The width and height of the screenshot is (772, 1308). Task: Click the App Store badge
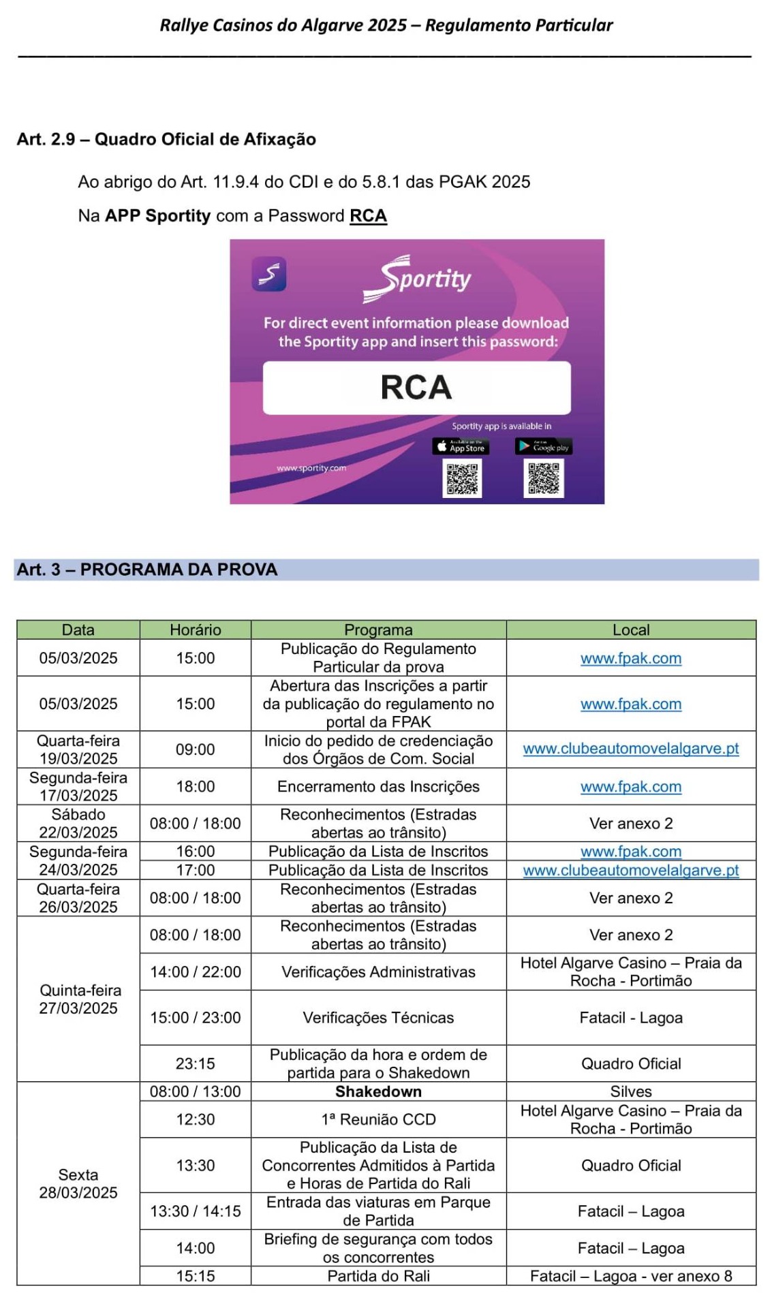[x=461, y=447]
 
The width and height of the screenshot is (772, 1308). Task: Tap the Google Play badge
[x=543, y=447]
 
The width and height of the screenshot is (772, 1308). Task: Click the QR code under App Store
[x=462, y=478]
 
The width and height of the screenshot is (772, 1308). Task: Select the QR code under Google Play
[x=543, y=478]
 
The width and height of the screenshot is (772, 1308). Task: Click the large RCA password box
[x=416, y=388]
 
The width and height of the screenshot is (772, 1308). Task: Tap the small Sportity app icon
[x=269, y=274]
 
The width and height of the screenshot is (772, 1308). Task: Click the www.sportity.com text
[x=311, y=468]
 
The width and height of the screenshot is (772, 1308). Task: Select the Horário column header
[x=196, y=629]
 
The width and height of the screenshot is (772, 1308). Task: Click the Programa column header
[x=378, y=629]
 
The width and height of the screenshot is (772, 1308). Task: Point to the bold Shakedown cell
[x=378, y=1091]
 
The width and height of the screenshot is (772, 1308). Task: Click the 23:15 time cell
[x=196, y=1063]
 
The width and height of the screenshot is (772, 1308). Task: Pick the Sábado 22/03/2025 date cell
[x=78, y=823]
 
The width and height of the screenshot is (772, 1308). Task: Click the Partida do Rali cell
[x=378, y=1276]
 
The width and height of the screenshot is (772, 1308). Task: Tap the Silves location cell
[x=631, y=1091]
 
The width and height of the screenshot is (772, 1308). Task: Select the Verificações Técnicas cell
[x=378, y=1017]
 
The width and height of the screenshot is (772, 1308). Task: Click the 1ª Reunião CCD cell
[x=378, y=1119]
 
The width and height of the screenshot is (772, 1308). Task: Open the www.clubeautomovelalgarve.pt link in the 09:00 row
[x=631, y=749]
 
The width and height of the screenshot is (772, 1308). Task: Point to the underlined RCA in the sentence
[x=368, y=216]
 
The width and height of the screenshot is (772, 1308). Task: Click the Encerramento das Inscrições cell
[x=378, y=787]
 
